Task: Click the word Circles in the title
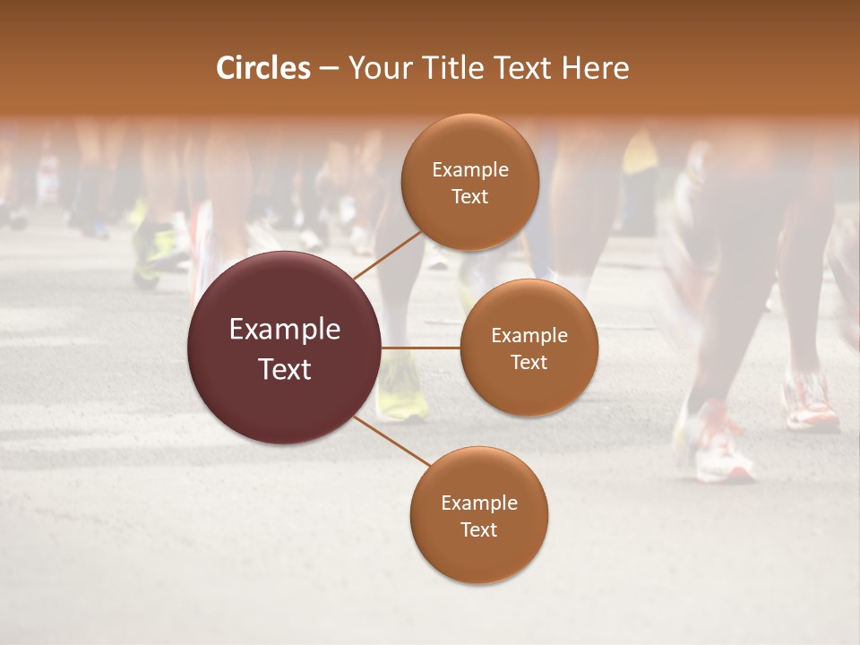tap(262, 68)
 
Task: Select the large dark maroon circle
tap(283, 348)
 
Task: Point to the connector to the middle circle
tap(421, 348)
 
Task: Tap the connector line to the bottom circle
tap(392, 443)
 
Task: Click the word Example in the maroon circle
tap(285, 330)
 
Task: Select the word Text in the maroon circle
tap(285, 369)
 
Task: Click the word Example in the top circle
tap(470, 170)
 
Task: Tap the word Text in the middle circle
tap(529, 362)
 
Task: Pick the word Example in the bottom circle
tap(479, 503)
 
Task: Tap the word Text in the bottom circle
tap(478, 530)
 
